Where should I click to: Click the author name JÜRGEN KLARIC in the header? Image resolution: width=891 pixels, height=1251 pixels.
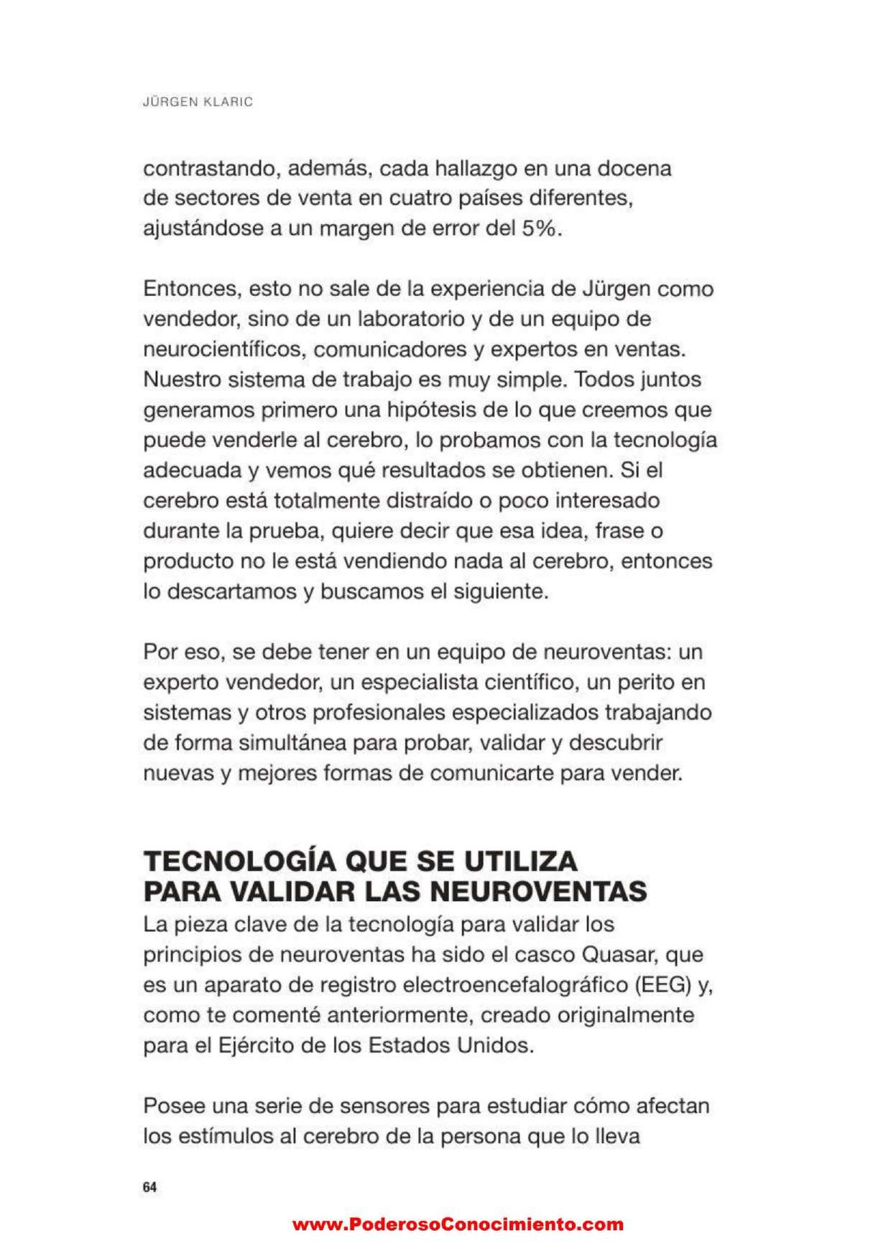[198, 102]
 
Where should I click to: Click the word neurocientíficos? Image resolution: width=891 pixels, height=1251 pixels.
[223, 350]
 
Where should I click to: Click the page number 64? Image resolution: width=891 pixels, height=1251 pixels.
[149, 1187]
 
